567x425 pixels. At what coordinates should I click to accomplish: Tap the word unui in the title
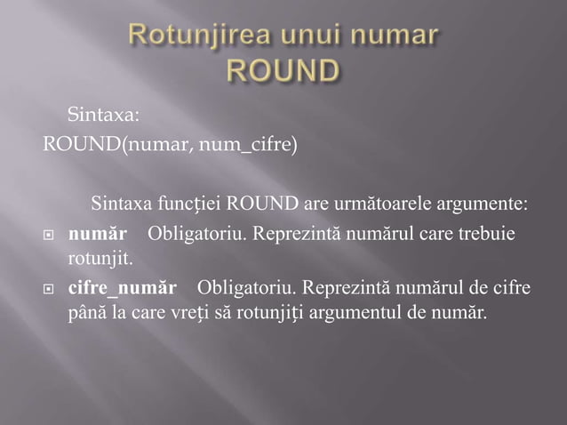(295, 36)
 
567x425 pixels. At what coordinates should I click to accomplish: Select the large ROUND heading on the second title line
(283, 70)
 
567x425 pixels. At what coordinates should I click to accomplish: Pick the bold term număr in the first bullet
(97, 236)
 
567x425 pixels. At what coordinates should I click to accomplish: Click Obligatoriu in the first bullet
(198, 236)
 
